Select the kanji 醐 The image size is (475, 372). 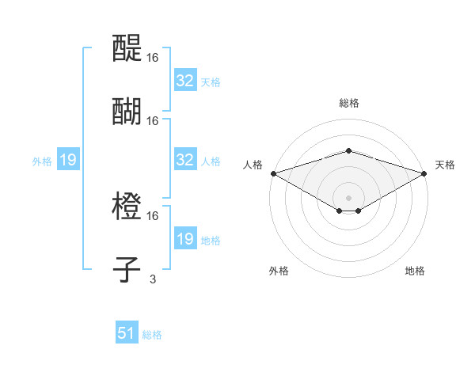[x=128, y=111]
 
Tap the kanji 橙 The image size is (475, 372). [x=128, y=207]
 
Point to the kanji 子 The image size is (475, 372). [x=128, y=269]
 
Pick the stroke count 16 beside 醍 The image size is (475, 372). [x=153, y=57]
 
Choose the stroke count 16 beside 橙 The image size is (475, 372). [x=153, y=215]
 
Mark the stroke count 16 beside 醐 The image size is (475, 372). [x=153, y=120]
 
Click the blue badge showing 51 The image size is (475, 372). [x=127, y=333]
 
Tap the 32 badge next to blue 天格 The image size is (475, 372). [x=184, y=81]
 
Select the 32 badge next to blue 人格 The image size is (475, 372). [x=184, y=160]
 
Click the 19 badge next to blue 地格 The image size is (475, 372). [x=184, y=239]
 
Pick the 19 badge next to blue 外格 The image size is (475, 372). [x=68, y=160]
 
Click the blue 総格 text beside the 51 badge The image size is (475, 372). [x=152, y=335]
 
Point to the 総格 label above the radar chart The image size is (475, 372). [x=348, y=103]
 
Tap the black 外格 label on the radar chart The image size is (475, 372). [x=279, y=271]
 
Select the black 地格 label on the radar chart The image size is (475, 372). [x=415, y=271]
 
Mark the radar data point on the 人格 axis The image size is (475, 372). [x=273, y=173]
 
